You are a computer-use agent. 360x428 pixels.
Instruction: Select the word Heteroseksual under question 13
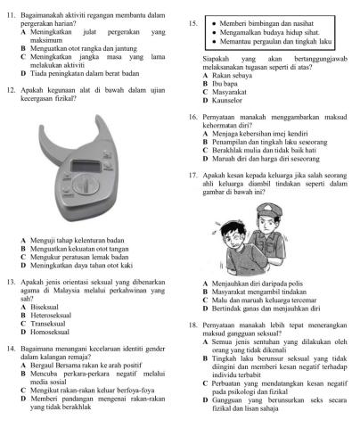[53, 316]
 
